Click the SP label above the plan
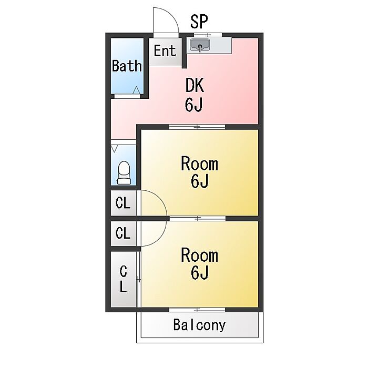tap(199, 22)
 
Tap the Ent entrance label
tap(165, 52)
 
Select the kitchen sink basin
tap(200, 45)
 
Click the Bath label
tap(127, 66)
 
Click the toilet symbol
tap(124, 172)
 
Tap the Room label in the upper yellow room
tap(199, 163)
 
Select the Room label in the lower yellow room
tap(199, 255)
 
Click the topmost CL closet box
tap(123, 203)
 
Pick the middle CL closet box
tap(123, 233)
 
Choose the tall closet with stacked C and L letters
tap(123, 279)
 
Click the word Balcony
tap(199, 325)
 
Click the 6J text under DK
tap(194, 105)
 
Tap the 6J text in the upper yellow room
tap(200, 182)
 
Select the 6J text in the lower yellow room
tap(200, 273)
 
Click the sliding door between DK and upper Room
tap(197, 127)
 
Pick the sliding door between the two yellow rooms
tap(197, 218)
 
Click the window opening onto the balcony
tap(197, 309)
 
